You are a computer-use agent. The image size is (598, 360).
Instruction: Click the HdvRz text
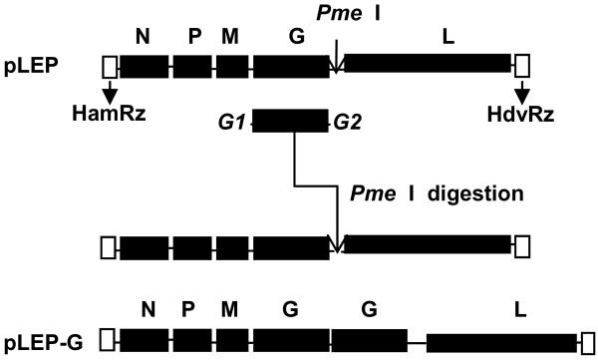click(x=518, y=115)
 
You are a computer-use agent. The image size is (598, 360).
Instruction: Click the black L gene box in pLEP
click(x=428, y=66)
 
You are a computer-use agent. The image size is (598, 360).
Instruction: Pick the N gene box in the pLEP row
click(x=145, y=66)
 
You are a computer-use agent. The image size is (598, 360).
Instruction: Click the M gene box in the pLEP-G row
click(x=232, y=341)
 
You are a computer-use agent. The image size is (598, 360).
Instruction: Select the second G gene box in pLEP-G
click(x=370, y=341)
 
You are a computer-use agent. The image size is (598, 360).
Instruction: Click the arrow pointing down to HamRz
click(x=109, y=90)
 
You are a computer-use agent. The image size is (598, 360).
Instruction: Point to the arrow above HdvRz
click(x=522, y=90)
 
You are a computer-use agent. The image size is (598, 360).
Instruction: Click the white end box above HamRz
click(x=109, y=66)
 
